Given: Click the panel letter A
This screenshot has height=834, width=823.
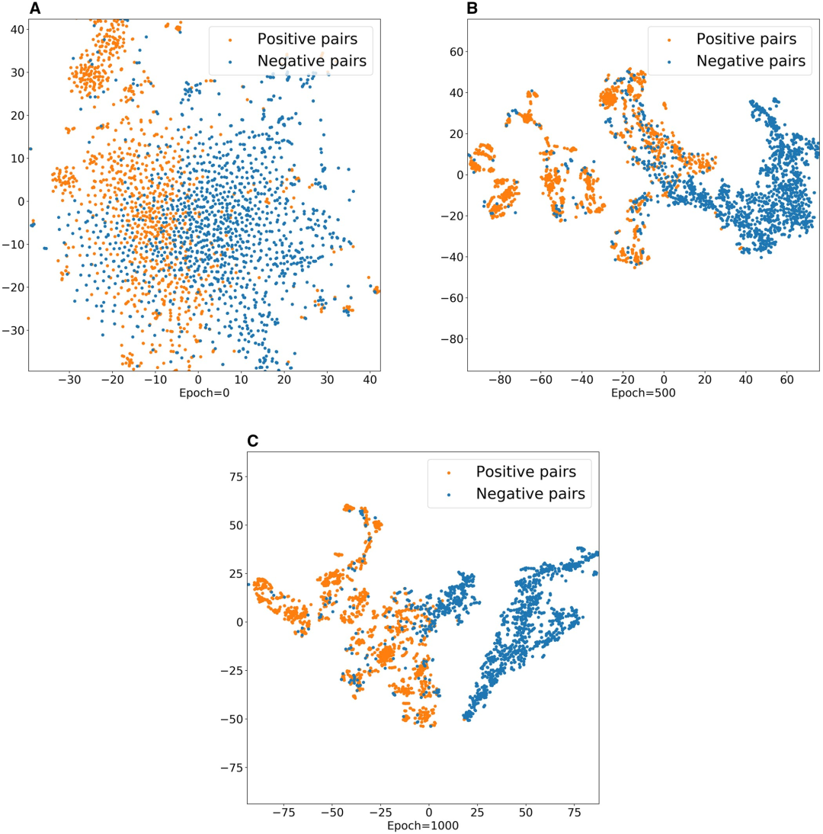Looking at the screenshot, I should point(36,9).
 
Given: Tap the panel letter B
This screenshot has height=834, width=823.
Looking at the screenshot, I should point(472,9).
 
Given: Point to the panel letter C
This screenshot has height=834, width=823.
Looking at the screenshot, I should point(254,441).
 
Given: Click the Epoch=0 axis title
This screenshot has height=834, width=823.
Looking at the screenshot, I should point(204,393).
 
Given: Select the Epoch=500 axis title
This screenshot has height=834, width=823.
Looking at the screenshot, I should point(644,393).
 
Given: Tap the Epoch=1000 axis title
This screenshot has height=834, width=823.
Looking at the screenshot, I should point(423,825).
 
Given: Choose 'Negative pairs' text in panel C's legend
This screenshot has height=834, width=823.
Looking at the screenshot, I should point(530,494).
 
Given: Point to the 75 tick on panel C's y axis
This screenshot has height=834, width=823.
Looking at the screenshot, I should point(230,476).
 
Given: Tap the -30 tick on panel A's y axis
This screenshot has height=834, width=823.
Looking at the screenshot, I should point(12,330).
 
